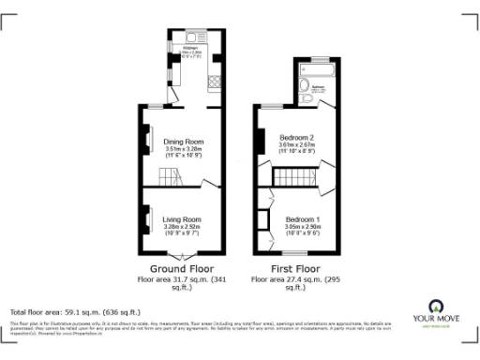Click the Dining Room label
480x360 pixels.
(184, 142)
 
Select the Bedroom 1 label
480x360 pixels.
(303, 219)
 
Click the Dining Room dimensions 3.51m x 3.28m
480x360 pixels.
(184, 148)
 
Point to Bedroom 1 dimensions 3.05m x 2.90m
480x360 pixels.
(303, 226)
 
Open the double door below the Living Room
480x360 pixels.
(184, 255)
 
